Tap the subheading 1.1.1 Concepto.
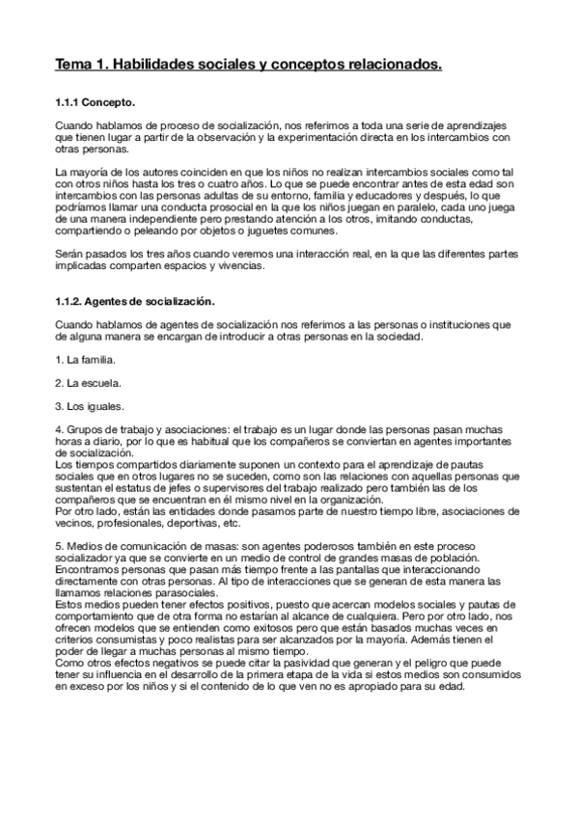coord(96,102)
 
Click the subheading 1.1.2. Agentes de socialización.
coord(134,302)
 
